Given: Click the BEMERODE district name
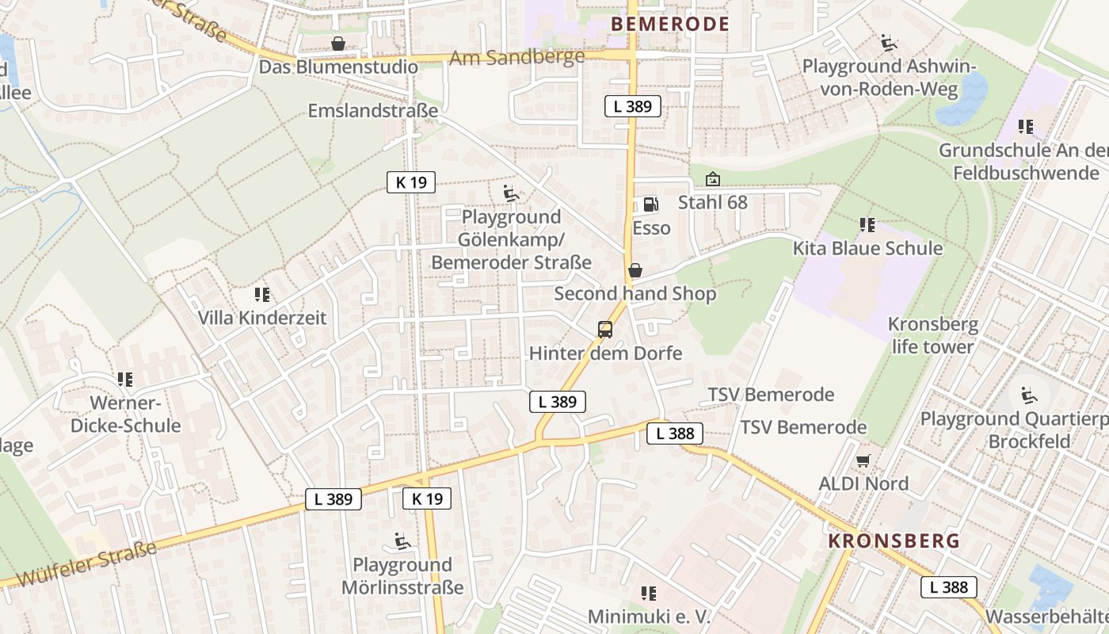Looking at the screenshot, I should coord(670,24).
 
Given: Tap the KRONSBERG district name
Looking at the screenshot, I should coord(894,541).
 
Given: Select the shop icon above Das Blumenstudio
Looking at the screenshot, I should coord(338,43).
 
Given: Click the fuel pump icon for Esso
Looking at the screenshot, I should coord(650,204).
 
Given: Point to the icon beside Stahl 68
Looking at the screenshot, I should coord(713,180).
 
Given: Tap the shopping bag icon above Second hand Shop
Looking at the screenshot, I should coord(635,270).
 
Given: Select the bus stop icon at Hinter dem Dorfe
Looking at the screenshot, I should coord(605,330).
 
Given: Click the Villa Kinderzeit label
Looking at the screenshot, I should coord(261,319).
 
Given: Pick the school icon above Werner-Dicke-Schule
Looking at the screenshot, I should coord(125,380).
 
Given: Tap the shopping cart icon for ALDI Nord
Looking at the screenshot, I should coord(863,460).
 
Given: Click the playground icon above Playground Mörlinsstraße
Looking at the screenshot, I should coord(402,542).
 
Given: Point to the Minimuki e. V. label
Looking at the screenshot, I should coord(649,617).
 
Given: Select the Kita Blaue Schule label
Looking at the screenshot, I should coord(867,248).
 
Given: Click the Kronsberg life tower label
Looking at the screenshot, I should coord(932,335).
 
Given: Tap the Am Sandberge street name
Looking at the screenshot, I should coord(516,57).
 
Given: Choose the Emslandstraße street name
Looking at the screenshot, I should coord(372,110).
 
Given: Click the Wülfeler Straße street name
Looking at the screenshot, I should coord(86,564).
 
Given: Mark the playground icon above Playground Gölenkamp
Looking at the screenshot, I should coord(511,193).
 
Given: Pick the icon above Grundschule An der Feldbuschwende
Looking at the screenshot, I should coord(1026,127).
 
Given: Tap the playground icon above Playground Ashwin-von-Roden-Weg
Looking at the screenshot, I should coord(889,42).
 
